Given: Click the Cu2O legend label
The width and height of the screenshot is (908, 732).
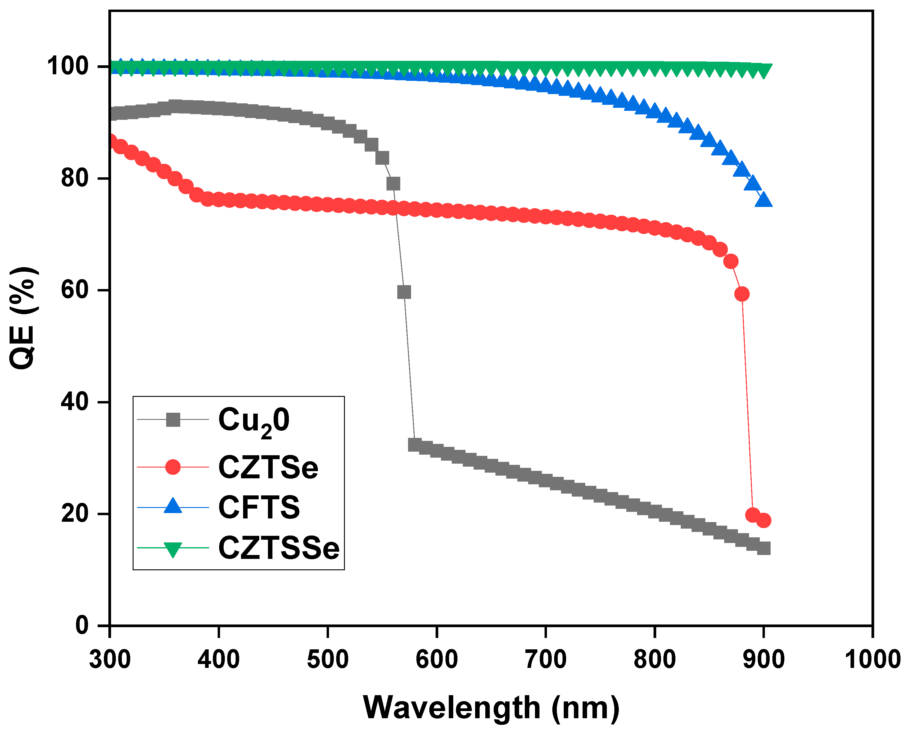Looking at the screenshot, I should point(254,421).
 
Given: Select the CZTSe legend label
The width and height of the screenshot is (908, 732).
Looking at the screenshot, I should point(268,467).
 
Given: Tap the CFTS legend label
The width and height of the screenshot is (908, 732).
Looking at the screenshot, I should point(259,507).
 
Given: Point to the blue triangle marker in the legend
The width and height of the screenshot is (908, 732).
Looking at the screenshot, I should point(173,506).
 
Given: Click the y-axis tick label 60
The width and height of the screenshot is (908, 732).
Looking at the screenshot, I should point(75,290).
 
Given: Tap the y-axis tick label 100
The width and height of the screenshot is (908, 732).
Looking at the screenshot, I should point(67,66).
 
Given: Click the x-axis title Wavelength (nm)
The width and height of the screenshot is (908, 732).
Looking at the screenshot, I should point(491,707).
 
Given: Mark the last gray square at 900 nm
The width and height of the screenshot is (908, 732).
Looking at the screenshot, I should point(764,549).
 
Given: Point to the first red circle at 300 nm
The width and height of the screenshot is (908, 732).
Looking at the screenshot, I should point(111,141).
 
